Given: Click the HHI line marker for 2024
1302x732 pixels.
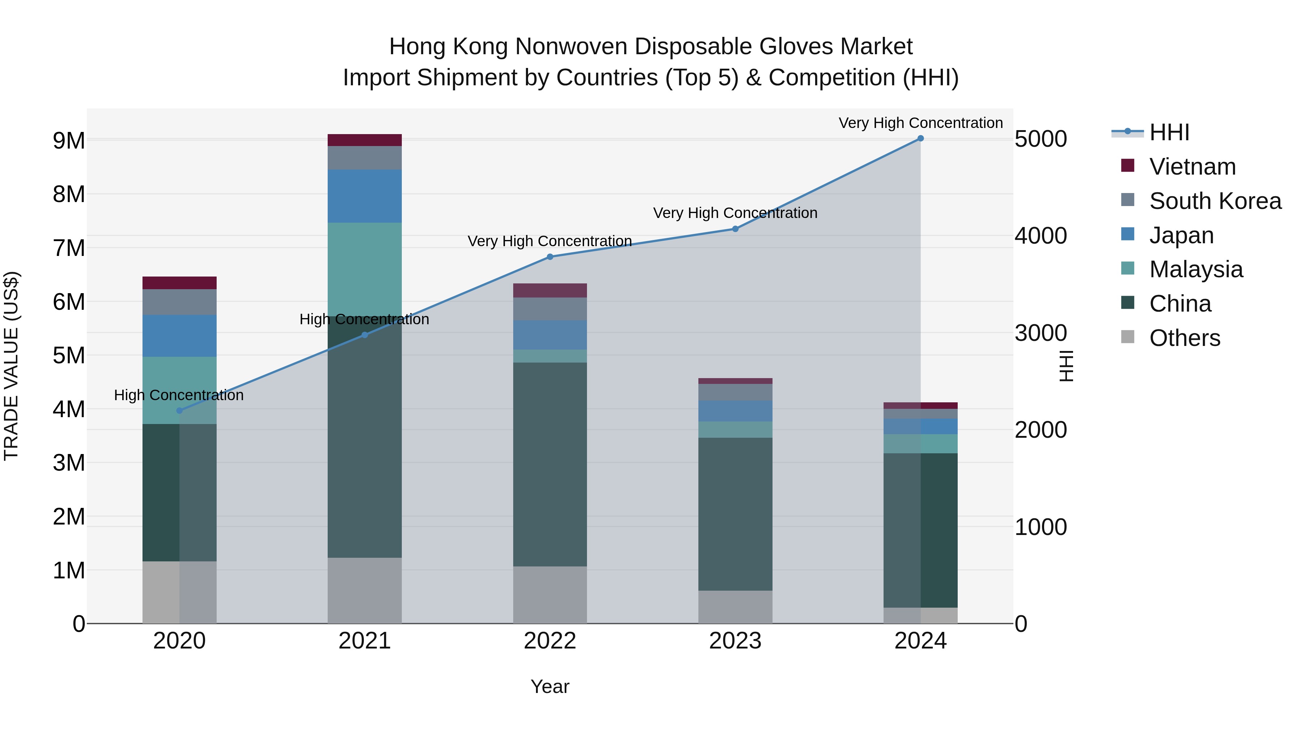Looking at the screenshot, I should [920, 138].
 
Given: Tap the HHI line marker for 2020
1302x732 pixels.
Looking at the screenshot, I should [179, 411].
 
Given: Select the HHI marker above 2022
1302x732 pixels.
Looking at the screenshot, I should [550, 257].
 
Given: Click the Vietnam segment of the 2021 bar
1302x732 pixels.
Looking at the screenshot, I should [365, 140].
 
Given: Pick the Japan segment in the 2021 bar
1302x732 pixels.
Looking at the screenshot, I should [365, 196].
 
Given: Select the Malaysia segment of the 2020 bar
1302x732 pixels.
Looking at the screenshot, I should [179, 390].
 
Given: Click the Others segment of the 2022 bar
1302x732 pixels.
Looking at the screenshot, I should [550, 595].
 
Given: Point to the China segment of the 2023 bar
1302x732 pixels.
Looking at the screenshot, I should [735, 514].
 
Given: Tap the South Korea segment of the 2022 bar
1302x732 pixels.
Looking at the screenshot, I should [550, 309].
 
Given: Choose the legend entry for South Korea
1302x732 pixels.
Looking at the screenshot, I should [1215, 201].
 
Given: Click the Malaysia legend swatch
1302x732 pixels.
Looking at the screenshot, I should [1128, 268].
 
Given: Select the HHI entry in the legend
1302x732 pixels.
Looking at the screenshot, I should [1169, 132].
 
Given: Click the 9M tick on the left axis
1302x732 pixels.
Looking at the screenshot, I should [69, 141].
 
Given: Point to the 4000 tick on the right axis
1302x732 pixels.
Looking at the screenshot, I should [1041, 236].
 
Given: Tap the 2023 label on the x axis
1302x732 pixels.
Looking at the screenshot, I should [735, 641].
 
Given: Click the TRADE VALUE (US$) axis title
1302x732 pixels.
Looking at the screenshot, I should [11, 366].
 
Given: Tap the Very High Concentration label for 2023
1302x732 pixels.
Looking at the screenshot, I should [735, 213].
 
